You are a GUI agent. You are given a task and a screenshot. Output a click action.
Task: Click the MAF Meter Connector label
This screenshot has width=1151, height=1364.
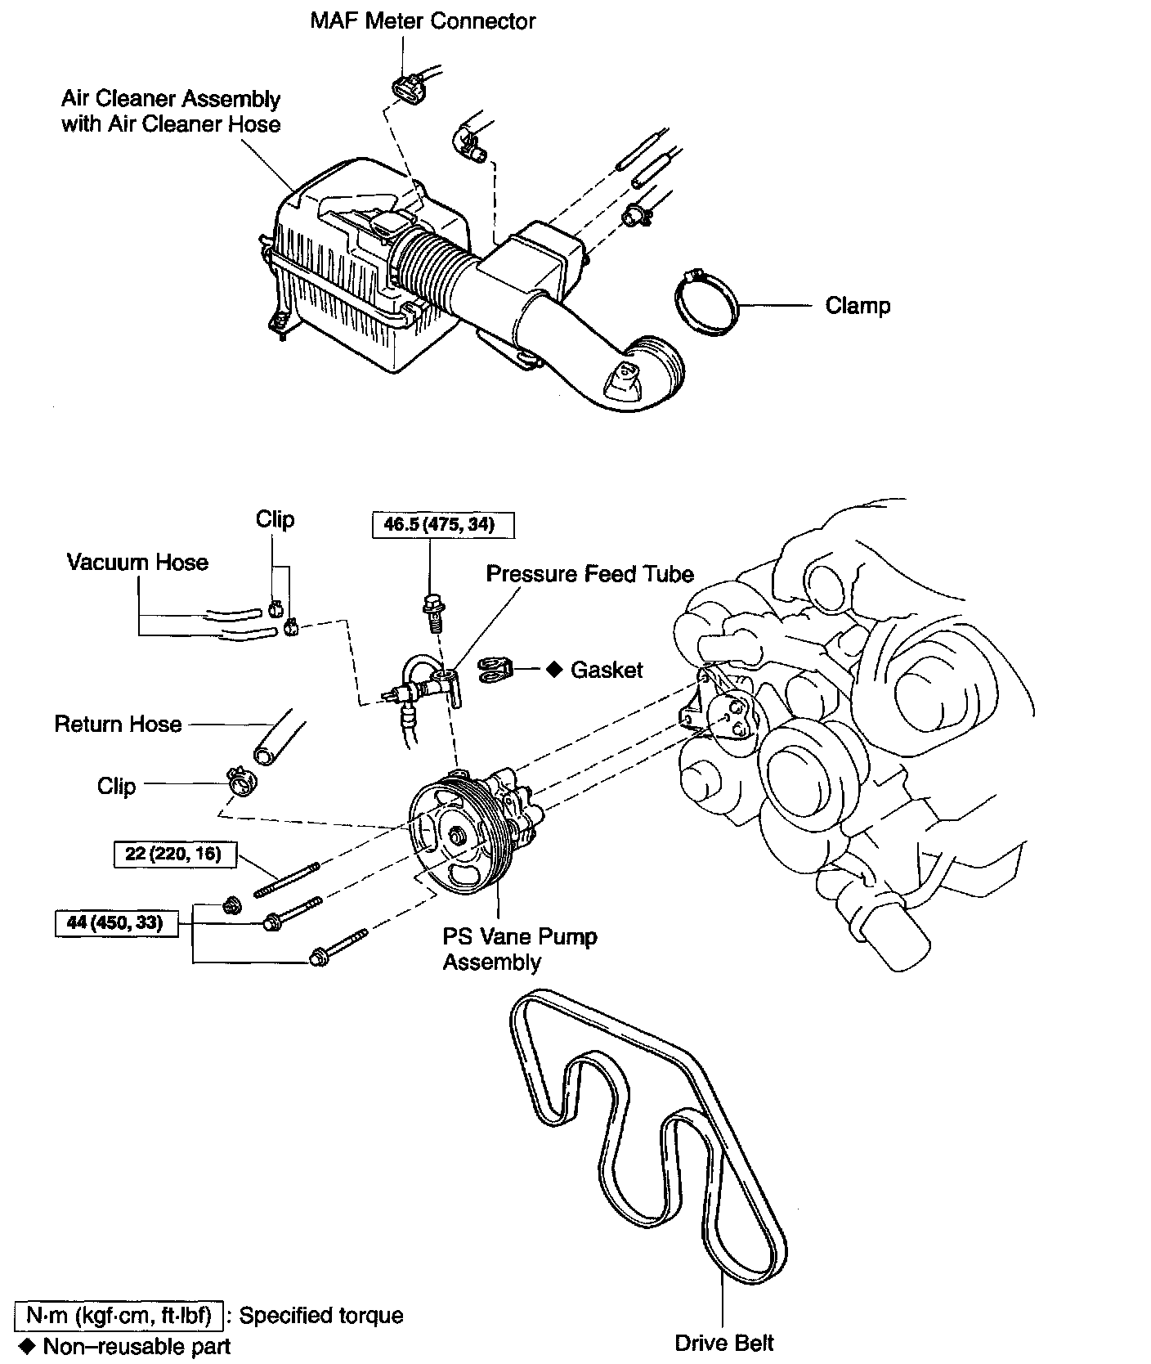point(422,21)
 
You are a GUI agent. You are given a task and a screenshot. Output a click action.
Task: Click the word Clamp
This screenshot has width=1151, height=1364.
point(857,306)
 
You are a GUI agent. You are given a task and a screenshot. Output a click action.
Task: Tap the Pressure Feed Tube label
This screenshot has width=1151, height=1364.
point(589,574)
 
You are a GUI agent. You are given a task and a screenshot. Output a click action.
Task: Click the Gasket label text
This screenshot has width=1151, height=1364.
point(606,671)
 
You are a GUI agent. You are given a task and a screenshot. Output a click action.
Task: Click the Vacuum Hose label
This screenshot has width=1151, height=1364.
point(137,563)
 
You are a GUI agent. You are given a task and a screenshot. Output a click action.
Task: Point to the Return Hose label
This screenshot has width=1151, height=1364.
point(118,725)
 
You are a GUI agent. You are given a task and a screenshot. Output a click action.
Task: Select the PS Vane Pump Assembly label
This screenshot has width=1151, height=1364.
point(519,949)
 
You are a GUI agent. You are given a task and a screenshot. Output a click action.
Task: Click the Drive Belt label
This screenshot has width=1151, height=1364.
point(723,1343)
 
